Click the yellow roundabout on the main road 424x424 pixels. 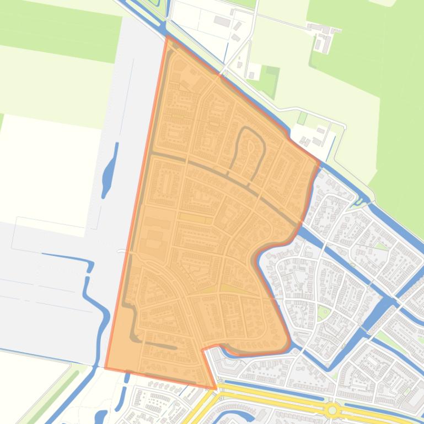click(332, 410)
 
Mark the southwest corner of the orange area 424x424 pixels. click(106, 367)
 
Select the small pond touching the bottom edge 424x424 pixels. click(101, 417)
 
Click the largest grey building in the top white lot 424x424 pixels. click(222, 21)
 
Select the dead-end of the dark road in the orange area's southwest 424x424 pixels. click(175, 347)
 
